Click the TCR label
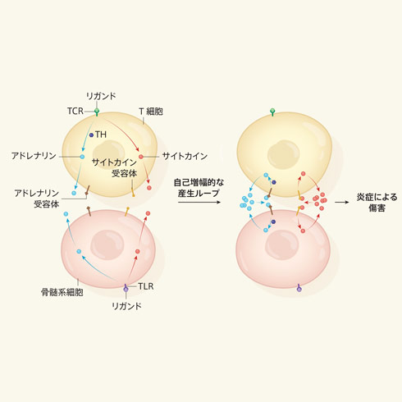75,111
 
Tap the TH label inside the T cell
101,135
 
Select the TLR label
146,286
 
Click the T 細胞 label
151,112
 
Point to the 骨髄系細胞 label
62,292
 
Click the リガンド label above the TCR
101,96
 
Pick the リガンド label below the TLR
126,306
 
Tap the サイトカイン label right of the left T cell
185,156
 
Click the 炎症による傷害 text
377,203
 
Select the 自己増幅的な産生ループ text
199,188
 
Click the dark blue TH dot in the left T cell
91,135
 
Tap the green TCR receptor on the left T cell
97,112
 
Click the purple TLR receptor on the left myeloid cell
126,288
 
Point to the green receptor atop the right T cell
272,112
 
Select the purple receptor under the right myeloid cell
299,288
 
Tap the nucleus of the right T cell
283,154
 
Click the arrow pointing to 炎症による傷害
342,202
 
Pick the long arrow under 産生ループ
199,202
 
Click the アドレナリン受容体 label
37,199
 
